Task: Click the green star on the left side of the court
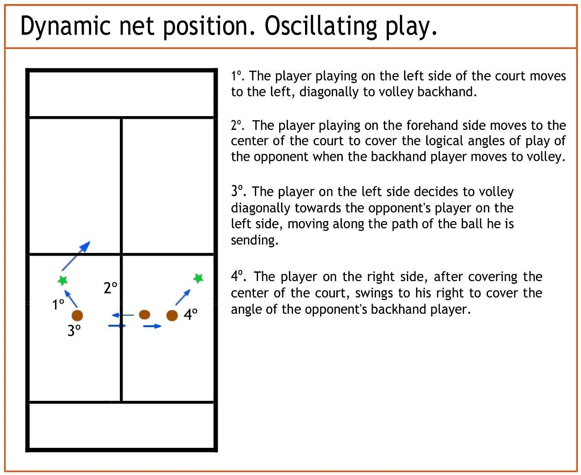(63, 280)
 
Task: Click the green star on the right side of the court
(198, 278)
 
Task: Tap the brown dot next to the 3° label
(77, 316)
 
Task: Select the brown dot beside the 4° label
(172, 316)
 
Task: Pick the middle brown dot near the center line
(145, 314)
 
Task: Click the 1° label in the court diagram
(58, 305)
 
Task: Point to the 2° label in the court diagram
(111, 288)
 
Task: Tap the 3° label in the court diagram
(74, 330)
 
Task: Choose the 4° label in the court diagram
(191, 314)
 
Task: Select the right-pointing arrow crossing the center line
(117, 326)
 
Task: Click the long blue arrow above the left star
(76, 256)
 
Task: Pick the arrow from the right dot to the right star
(183, 297)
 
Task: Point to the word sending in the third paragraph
(254, 240)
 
